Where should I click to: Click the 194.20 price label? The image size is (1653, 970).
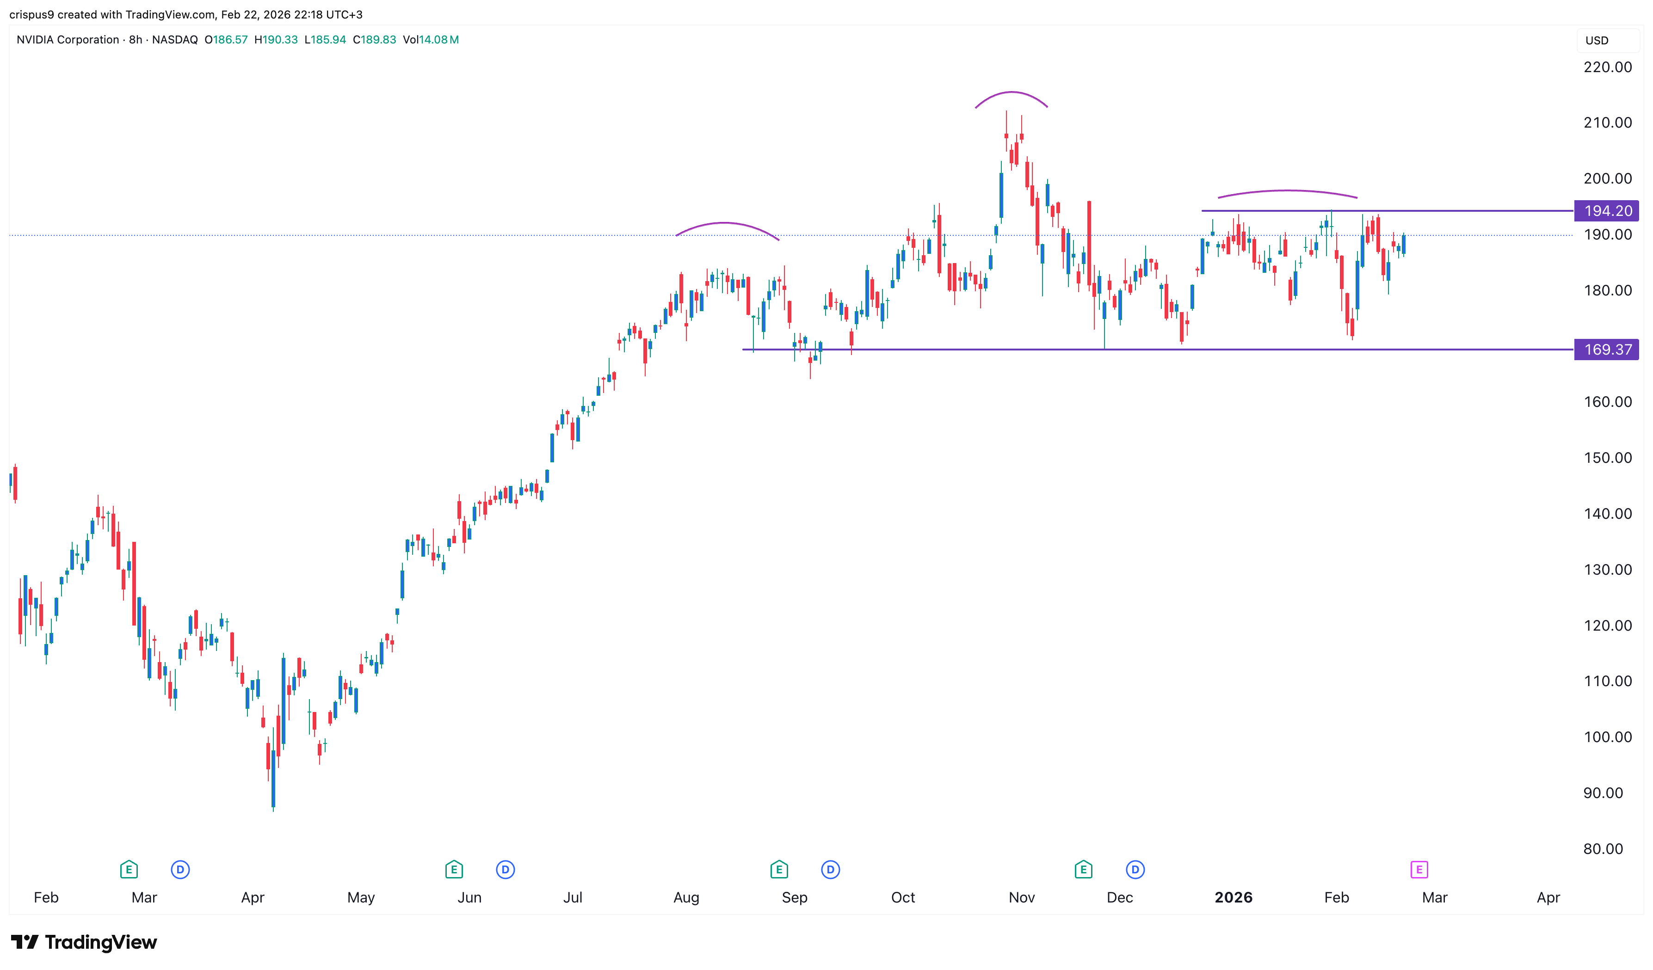coord(1607,210)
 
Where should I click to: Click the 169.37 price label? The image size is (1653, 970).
coord(1607,350)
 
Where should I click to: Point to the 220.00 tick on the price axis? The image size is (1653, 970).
coord(1607,67)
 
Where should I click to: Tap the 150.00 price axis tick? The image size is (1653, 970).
coord(1607,458)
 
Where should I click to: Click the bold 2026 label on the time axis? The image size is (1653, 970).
coord(1233,897)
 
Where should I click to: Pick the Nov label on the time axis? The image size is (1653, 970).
coord(1021,897)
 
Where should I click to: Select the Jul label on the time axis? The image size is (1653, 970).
coord(573,897)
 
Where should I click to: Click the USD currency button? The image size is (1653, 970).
coord(1597,40)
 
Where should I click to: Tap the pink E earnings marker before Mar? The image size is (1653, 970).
coord(1419,870)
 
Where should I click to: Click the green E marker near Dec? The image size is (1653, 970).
coord(1083,870)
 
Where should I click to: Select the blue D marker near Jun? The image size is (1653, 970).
coord(505,870)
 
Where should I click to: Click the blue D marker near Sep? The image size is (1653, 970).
coord(831,870)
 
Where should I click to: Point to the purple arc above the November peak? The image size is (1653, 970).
coord(1012,92)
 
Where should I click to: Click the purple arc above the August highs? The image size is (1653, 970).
coord(725,224)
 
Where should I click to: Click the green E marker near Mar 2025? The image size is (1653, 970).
coord(129,870)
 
